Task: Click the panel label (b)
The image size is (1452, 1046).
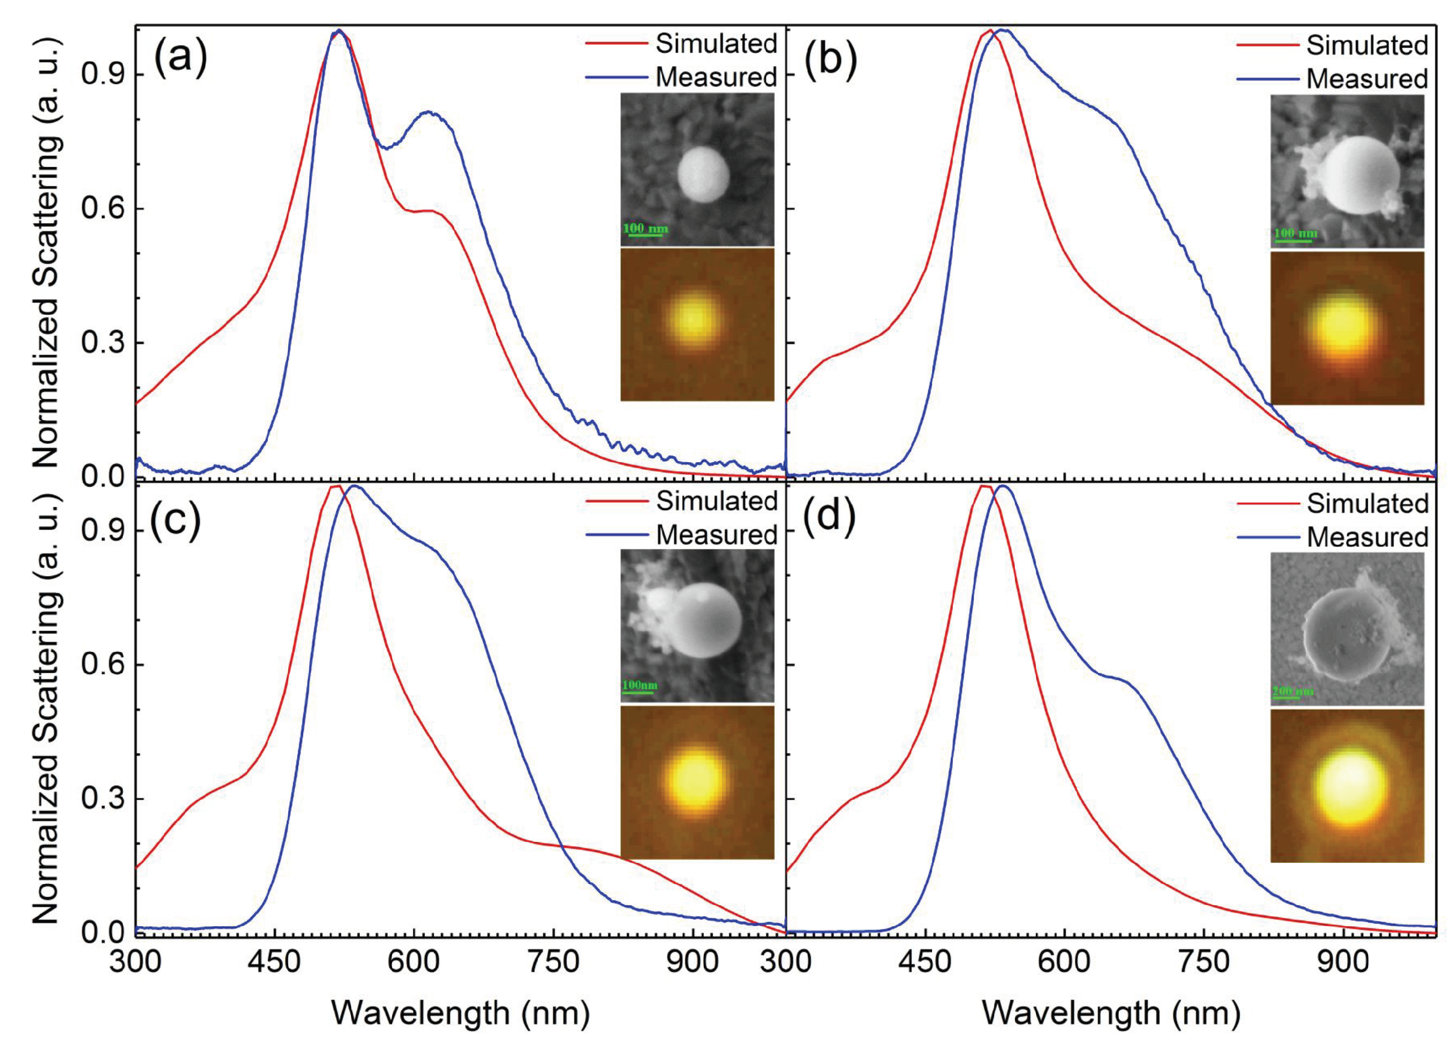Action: tap(831, 63)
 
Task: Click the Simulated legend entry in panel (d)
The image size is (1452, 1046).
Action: tap(1367, 503)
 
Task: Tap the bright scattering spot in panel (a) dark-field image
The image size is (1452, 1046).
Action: tap(694, 318)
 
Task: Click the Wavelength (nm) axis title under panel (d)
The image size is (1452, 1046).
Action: tap(1111, 1013)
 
